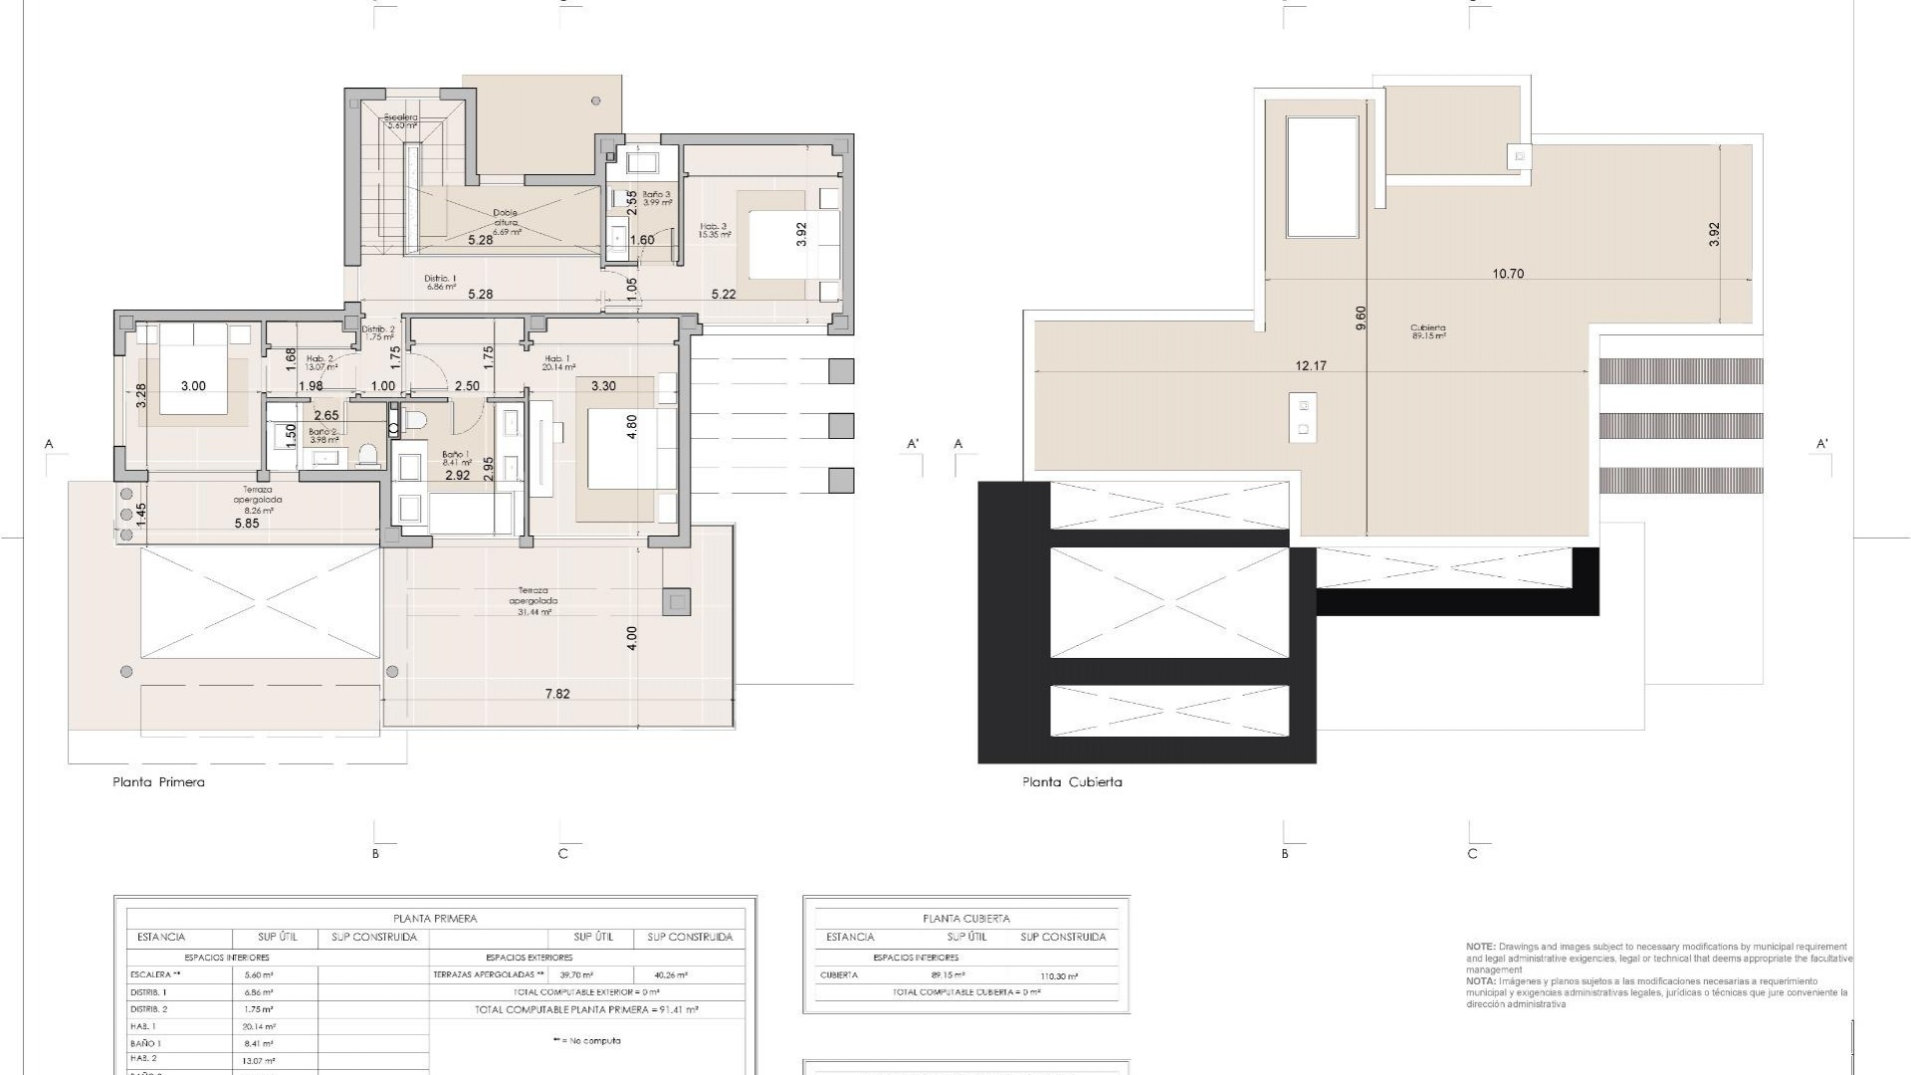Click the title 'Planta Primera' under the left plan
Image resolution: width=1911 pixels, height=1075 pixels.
coord(158,782)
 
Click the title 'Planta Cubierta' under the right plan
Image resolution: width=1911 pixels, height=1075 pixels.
coord(1072,782)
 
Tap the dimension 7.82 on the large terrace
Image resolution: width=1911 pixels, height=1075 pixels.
coord(557,694)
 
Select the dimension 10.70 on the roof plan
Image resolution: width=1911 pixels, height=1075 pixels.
coord(1508,274)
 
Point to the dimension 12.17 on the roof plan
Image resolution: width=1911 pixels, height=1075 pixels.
coord(1311,366)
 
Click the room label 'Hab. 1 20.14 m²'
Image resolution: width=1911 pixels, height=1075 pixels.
coord(559,362)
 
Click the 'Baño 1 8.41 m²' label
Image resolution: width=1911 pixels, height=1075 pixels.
coord(456,458)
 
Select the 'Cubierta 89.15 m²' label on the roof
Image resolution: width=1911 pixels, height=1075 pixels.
coord(1427,331)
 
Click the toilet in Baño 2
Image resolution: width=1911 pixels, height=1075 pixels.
coord(368,455)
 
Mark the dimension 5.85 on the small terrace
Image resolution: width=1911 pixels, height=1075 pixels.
coord(246,524)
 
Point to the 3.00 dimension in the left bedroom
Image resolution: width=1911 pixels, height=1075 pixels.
coord(193,386)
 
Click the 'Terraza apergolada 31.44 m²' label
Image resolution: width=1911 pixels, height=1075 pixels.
coord(533,601)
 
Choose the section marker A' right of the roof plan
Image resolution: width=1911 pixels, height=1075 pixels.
coord(1821,444)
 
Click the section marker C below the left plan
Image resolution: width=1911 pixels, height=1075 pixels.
coord(562,854)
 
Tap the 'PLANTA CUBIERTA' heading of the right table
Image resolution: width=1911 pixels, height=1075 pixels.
coord(965,919)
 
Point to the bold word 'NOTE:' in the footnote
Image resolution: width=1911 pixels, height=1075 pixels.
coord(1480,947)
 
